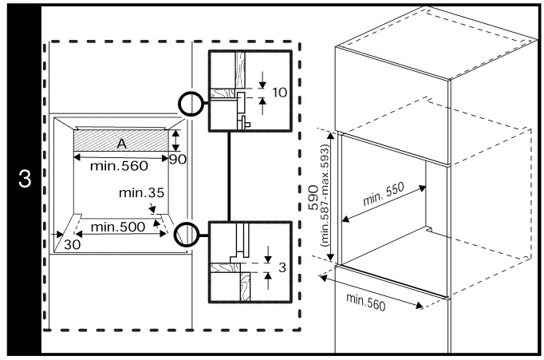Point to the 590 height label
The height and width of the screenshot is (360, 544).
(x=313, y=196)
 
